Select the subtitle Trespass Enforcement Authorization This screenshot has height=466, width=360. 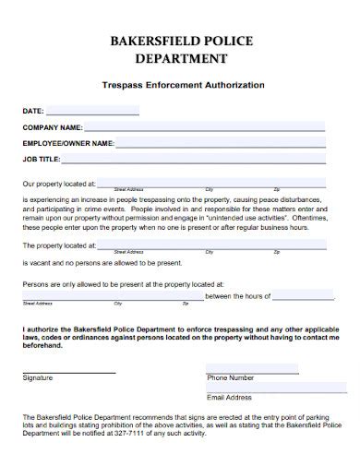coord(180,85)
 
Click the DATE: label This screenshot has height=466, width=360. coord(33,112)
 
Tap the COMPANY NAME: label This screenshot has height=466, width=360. coord(53,127)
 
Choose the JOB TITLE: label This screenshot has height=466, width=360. coord(42,159)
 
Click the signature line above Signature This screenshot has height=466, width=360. coord(69,372)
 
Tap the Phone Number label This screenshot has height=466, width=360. coord(230,378)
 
